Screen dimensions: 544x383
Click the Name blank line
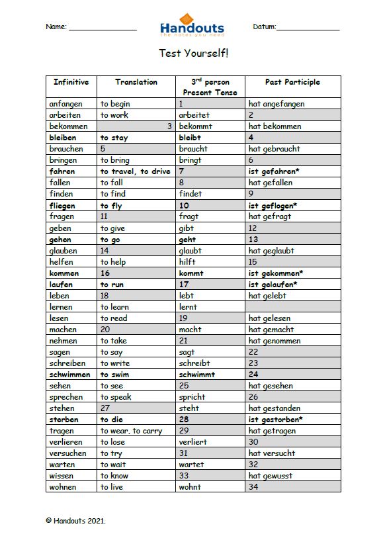[x=103, y=28]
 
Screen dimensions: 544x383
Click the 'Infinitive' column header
[x=71, y=82]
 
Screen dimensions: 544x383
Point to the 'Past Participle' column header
[x=292, y=82]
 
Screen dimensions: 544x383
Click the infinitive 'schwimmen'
[x=69, y=375]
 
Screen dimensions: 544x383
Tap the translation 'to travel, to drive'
[x=136, y=171]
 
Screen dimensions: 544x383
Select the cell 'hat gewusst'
[x=271, y=476]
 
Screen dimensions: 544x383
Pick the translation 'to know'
[x=114, y=476]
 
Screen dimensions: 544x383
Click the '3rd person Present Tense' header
[x=210, y=87]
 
